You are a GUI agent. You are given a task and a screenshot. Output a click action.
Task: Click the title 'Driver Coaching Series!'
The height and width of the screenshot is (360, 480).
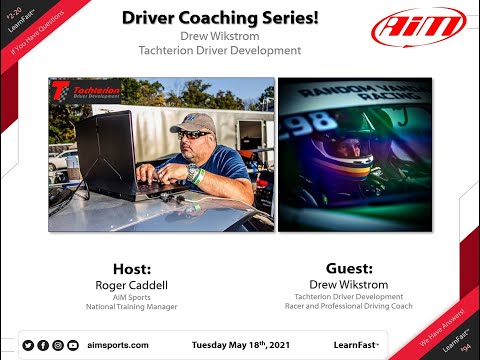click(x=206, y=18)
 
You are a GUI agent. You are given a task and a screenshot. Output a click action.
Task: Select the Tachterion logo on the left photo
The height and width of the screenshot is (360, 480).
click(x=86, y=91)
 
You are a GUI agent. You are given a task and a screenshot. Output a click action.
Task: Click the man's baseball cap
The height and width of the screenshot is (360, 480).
click(x=191, y=123)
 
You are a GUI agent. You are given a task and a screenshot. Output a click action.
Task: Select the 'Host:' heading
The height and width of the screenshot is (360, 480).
click(x=132, y=269)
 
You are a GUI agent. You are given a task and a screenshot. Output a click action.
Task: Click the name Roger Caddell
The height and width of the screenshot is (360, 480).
click(x=132, y=284)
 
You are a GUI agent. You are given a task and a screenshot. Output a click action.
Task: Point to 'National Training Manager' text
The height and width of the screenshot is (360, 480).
click(x=132, y=306)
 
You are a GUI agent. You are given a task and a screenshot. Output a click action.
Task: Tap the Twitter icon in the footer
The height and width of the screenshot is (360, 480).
click(x=28, y=345)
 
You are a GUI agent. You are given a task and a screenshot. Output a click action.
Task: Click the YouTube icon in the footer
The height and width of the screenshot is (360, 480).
click(x=73, y=345)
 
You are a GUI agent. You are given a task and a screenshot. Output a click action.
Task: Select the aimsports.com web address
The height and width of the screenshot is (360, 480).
click(x=118, y=345)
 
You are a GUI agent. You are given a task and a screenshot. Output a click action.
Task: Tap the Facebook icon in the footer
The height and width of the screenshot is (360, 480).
click(x=43, y=345)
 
